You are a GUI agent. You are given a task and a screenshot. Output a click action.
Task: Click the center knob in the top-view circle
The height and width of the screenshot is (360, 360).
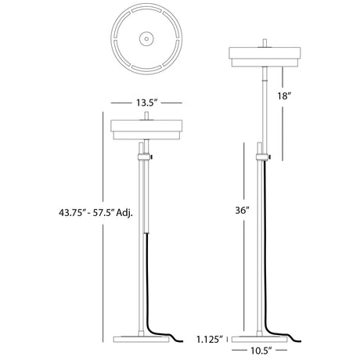(x=146, y=38)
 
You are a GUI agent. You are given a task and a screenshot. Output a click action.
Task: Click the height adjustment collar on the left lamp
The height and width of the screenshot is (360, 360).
(x=144, y=158)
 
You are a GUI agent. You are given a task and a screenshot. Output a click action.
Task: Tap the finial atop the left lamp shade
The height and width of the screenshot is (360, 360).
(x=146, y=116)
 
